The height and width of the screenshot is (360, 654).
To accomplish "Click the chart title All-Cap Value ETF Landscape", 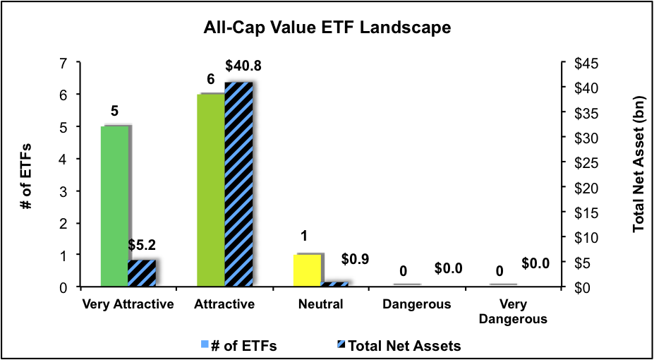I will point(327,29).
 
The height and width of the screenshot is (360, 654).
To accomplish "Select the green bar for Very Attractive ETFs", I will point(115,206).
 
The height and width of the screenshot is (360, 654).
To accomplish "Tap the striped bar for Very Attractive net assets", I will point(142,273).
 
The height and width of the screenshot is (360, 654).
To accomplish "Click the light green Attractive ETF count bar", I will point(210,191).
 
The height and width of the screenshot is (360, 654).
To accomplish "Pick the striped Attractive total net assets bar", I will point(238,185).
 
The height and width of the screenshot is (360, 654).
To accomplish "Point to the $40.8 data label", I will point(242,66).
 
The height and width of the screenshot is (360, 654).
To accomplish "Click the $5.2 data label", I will point(142,246).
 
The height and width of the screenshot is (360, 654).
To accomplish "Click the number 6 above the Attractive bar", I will point(210,81).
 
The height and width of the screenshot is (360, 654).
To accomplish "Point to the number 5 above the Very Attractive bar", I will point(115,112).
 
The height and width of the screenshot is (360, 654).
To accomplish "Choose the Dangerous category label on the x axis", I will point(416,305).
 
